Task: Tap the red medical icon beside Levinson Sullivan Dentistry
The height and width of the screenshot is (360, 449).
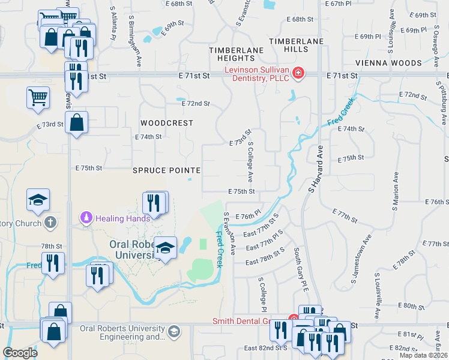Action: click(x=298, y=74)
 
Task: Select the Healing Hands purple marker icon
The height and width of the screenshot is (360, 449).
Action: click(x=86, y=217)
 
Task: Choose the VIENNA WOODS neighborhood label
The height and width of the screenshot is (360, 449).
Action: click(x=388, y=63)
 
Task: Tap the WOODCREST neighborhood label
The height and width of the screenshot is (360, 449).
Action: click(x=167, y=122)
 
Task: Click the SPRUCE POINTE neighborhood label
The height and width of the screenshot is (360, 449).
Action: click(x=166, y=170)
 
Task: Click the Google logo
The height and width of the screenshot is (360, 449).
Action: click(x=20, y=353)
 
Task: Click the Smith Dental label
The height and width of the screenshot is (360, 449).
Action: click(x=249, y=321)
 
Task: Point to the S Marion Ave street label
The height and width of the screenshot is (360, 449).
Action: click(x=396, y=193)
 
